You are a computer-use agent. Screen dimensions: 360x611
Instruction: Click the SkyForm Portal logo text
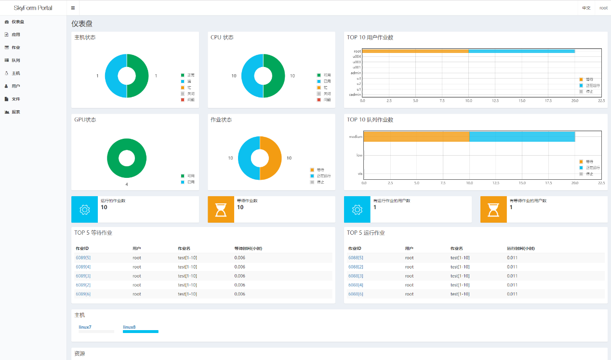point(33,8)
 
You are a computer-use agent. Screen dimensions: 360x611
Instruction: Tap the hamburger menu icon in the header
point(73,8)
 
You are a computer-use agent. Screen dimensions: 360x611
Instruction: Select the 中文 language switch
point(586,8)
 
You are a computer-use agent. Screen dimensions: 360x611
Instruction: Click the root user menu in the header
point(603,8)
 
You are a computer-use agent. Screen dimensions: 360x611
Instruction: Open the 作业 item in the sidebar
point(15,48)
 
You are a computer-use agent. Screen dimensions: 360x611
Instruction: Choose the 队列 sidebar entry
point(15,60)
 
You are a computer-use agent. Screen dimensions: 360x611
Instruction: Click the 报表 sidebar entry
point(15,112)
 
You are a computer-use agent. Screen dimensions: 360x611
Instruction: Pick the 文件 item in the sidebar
point(15,99)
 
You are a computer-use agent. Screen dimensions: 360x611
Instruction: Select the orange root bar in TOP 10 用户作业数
point(415,51)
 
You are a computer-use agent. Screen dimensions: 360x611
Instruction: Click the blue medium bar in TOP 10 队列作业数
point(522,137)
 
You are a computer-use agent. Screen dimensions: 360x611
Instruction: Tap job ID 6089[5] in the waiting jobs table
point(83,258)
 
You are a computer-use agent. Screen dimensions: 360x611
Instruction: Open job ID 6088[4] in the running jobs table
point(356,285)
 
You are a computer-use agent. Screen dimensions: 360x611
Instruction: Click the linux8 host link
point(129,327)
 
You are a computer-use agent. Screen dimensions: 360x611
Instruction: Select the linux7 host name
point(85,327)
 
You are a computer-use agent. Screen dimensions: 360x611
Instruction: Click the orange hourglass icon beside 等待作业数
point(221,210)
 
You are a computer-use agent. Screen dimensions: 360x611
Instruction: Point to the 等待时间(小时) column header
point(248,249)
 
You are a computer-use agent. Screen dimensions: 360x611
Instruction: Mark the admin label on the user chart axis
point(356,73)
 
